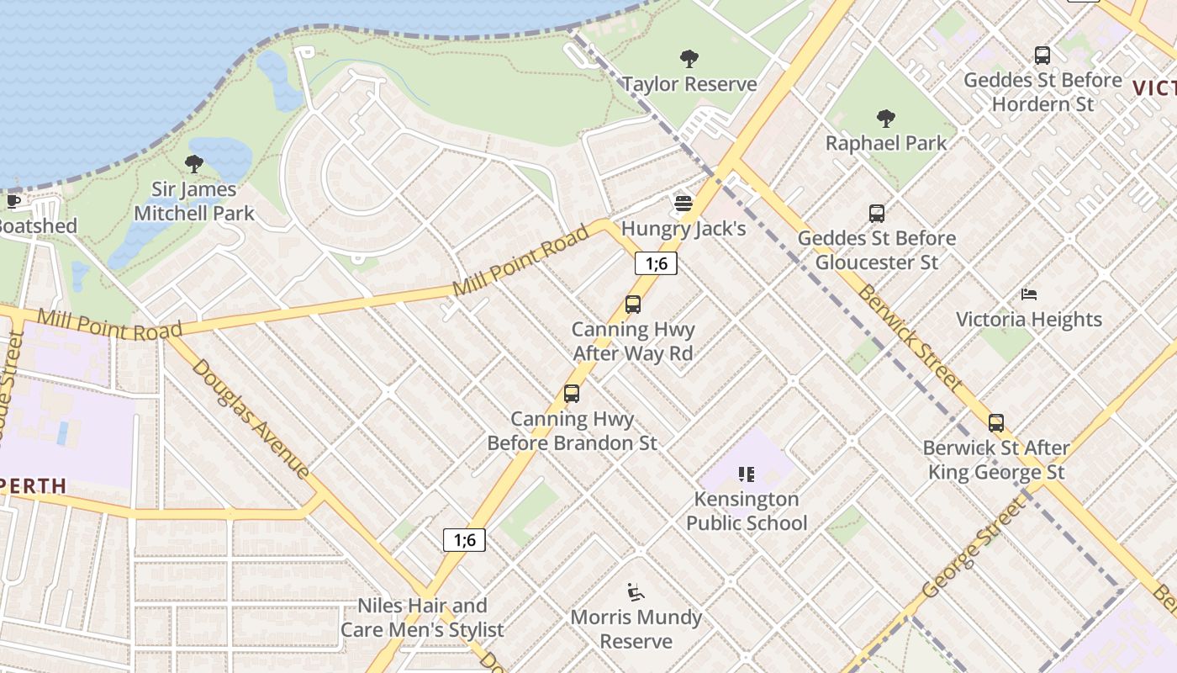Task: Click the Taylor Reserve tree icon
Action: (689, 59)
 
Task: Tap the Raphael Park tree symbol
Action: (885, 118)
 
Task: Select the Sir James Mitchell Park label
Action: (194, 202)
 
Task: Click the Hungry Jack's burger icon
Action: (684, 204)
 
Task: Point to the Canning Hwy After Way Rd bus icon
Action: (633, 305)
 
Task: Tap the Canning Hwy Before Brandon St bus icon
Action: (572, 394)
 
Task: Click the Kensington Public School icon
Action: (746, 474)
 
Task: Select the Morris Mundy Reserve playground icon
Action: (636, 593)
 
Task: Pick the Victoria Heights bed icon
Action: (1029, 294)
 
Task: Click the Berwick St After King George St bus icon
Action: (996, 423)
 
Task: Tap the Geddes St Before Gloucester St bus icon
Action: (877, 214)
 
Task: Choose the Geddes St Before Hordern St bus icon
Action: (1042, 56)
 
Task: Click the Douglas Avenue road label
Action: (251, 418)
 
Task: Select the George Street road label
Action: (975, 548)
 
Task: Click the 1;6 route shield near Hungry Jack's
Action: (656, 263)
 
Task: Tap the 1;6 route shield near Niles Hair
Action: (464, 539)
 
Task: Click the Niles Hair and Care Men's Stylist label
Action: (422, 617)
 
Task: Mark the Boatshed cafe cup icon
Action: (13, 201)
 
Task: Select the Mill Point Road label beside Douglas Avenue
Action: (109, 325)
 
